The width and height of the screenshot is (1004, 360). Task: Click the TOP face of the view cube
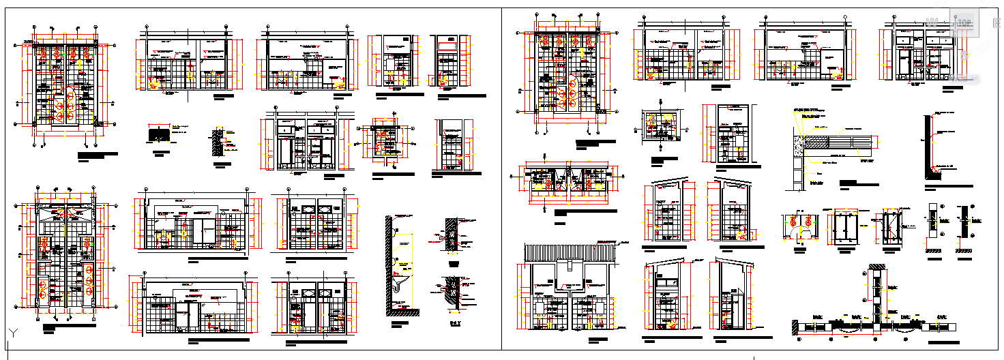[x=964, y=22]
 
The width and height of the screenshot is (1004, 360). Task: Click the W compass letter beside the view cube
[x=932, y=24]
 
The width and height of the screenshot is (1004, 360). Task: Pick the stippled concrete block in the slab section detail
[x=799, y=142]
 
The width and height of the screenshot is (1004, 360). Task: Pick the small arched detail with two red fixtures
[x=801, y=227]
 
